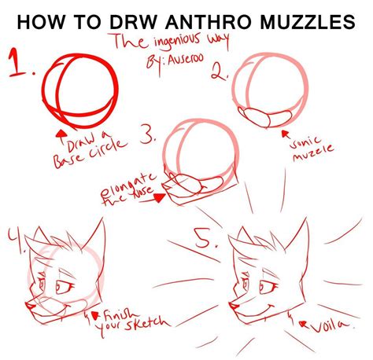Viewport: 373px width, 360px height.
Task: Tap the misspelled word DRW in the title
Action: [119, 19]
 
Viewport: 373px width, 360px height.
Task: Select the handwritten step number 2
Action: [220, 72]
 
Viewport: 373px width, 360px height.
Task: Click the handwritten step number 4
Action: [17, 240]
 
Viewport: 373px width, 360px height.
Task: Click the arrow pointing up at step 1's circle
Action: [60, 134]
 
